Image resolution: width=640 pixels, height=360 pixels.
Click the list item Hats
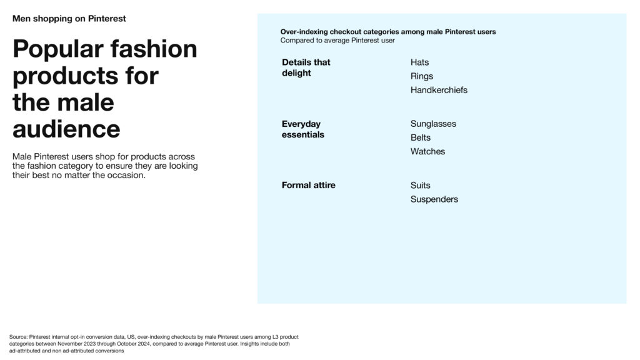click(x=419, y=62)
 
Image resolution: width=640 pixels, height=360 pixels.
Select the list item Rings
click(x=422, y=76)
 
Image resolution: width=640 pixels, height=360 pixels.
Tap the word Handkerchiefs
click(x=439, y=90)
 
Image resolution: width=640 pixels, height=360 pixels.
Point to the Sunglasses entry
click(x=433, y=124)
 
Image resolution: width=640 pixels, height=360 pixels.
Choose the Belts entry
click(x=421, y=137)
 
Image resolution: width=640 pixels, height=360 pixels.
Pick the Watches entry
click(x=427, y=151)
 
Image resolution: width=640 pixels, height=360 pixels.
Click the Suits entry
click(x=421, y=185)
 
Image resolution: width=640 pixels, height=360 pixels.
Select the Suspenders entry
click(x=434, y=199)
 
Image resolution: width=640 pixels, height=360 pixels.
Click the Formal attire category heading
click(x=309, y=185)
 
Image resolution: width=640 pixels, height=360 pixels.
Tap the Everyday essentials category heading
click(x=303, y=129)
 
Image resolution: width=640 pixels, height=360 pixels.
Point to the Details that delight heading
click(x=306, y=67)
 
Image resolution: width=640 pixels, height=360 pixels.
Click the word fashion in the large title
click(x=154, y=49)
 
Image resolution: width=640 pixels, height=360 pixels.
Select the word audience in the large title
click(x=66, y=129)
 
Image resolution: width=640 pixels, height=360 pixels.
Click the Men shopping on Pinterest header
click(x=69, y=19)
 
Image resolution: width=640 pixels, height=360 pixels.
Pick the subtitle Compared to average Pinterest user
click(x=337, y=41)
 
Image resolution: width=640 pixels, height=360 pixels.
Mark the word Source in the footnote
click(x=18, y=337)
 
